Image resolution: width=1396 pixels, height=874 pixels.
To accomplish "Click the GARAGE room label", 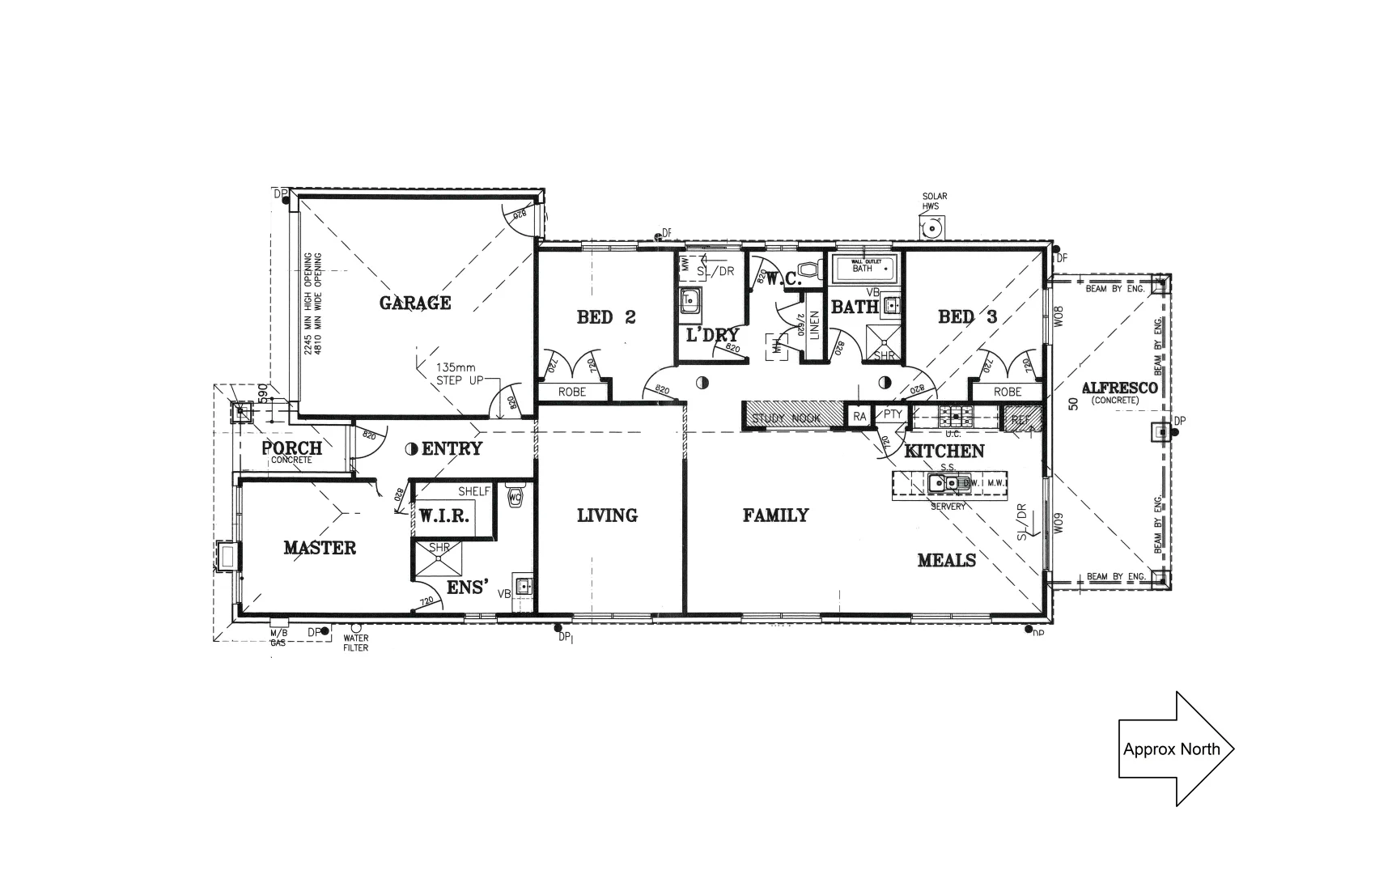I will pyautogui.click(x=415, y=303).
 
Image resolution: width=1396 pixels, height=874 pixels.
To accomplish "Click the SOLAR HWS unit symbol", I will pyautogui.click(x=933, y=229).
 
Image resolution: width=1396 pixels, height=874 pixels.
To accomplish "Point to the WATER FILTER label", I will pyautogui.click(x=356, y=643).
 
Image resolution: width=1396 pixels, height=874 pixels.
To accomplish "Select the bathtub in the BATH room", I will pyautogui.click(x=863, y=266).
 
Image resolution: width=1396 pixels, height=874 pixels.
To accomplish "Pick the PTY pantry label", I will pyautogui.click(x=893, y=414).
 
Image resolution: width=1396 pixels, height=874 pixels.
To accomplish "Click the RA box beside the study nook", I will pyautogui.click(x=859, y=416).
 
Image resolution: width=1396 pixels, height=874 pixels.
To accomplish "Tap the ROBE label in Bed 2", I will pyautogui.click(x=572, y=392).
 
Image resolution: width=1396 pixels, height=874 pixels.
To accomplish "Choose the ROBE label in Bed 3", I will pyautogui.click(x=1007, y=392).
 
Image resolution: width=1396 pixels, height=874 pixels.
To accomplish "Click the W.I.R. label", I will pyautogui.click(x=443, y=515).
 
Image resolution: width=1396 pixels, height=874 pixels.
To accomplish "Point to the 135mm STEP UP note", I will pyautogui.click(x=459, y=373).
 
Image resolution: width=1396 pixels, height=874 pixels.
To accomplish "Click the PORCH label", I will pyautogui.click(x=291, y=448).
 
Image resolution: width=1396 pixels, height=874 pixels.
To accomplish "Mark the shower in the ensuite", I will pyautogui.click(x=439, y=558).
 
